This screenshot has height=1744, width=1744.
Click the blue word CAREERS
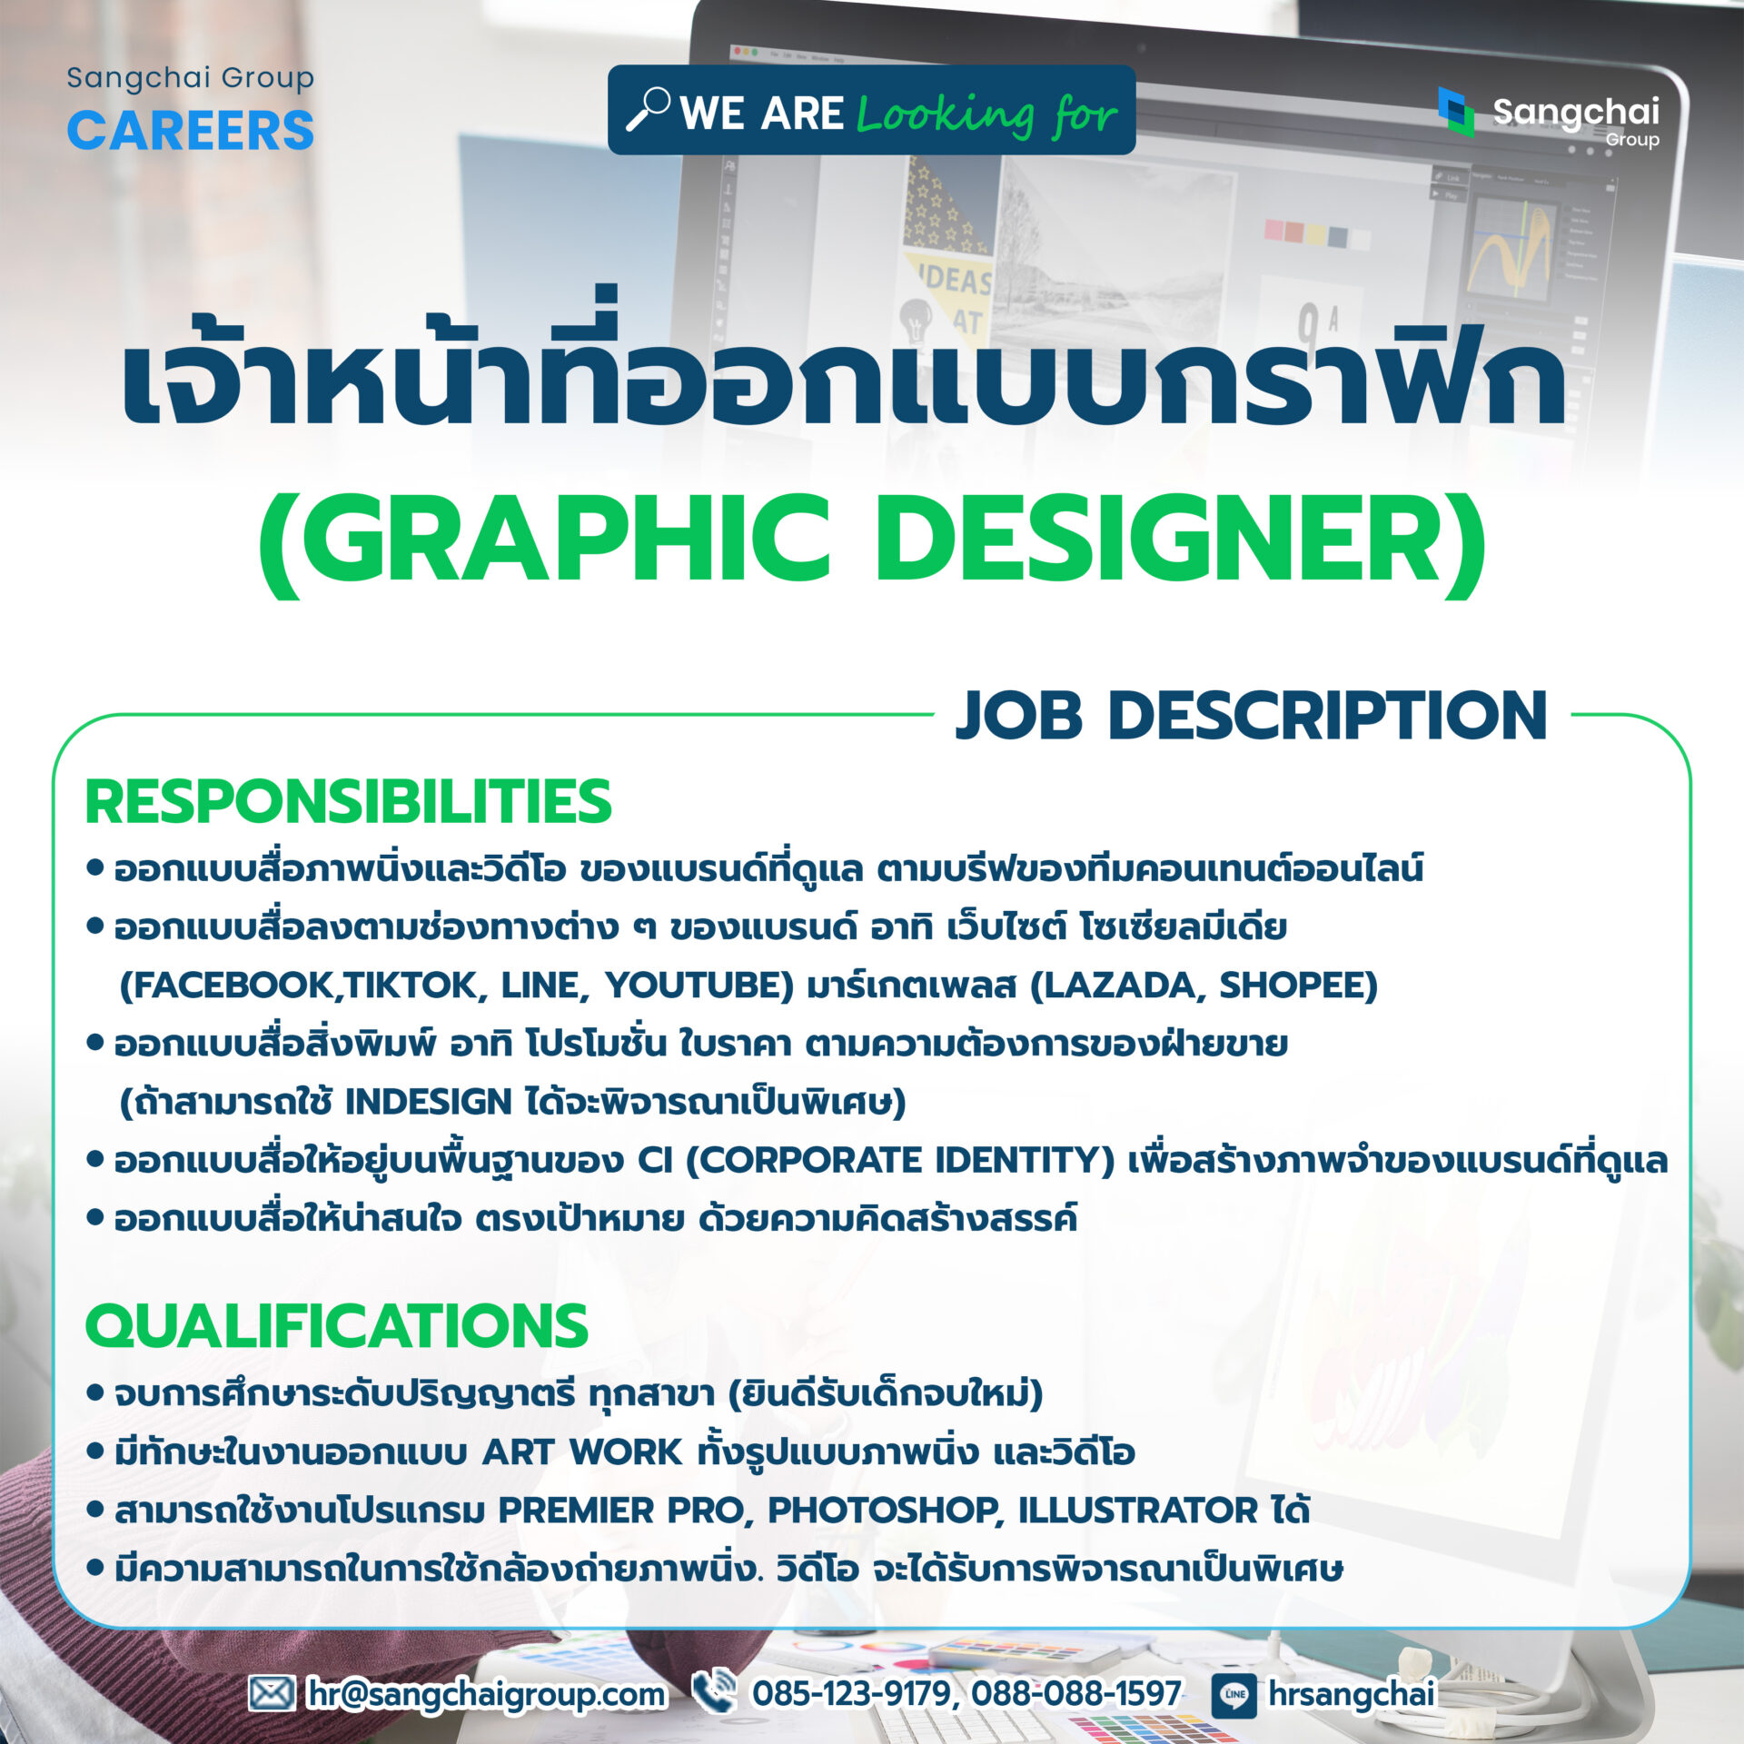[x=191, y=130]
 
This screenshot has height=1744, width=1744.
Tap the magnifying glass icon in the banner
[x=649, y=109]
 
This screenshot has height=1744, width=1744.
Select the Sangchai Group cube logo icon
[x=1456, y=112]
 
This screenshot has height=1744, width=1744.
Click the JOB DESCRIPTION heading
[x=1252, y=716]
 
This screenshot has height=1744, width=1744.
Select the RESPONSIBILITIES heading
[x=348, y=801]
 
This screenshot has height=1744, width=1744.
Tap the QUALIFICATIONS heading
[x=337, y=1325]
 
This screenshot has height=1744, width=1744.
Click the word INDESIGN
[x=429, y=1102]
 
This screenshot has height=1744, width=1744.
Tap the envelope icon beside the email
[x=272, y=1693]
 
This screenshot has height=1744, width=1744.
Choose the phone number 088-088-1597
[x=1076, y=1693]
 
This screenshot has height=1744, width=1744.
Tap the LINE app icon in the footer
[x=1234, y=1694]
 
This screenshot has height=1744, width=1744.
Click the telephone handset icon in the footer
[x=714, y=1691]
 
